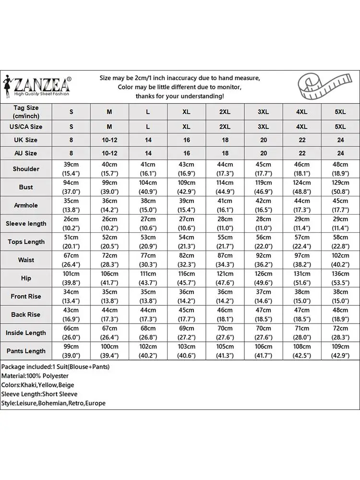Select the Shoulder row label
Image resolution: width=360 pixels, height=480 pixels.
pyautogui.click(x=26, y=169)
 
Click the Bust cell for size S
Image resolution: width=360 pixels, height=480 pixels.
pyautogui.click(x=72, y=187)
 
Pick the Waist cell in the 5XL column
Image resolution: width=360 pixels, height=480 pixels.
pyautogui.click(x=340, y=260)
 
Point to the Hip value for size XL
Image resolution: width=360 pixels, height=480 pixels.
pyautogui.click(x=187, y=278)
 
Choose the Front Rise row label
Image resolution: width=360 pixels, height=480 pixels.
pyautogui.click(x=26, y=297)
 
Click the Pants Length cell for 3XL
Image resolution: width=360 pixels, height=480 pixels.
pyautogui.click(x=264, y=351)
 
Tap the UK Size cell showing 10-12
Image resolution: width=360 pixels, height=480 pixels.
pyautogui.click(x=109, y=140)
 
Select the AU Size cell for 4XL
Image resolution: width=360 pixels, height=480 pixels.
pyautogui.click(x=302, y=154)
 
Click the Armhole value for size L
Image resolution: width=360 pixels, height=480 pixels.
pyautogui.click(x=148, y=205)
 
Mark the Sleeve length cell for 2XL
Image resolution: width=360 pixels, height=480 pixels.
pyautogui.click(x=225, y=224)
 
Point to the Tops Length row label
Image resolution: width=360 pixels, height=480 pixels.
pyautogui.click(x=26, y=242)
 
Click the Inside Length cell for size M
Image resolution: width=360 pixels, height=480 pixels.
pyautogui.click(x=109, y=333)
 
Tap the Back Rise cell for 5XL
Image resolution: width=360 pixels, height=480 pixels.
pyautogui.click(x=340, y=315)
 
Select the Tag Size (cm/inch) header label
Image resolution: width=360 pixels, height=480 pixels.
pyautogui.click(x=26, y=112)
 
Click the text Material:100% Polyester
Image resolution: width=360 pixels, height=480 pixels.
pyautogui.click(x=35, y=376)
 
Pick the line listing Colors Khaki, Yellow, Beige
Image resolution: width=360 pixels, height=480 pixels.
pyautogui.click(x=38, y=385)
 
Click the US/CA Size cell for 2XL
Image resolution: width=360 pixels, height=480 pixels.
pyautogui.click(x=225, y=127)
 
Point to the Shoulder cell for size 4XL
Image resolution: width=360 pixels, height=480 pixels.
pyautogui.click(x=302, y=169)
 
